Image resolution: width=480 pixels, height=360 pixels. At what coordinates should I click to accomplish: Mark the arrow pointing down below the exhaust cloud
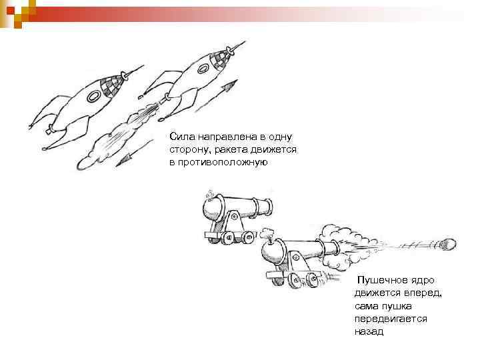click(x=131, y=155)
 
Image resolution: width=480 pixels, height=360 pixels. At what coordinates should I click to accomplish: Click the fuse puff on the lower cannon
click(x=269, y=233)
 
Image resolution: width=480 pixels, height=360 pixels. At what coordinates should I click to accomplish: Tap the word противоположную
click(x=218, y=162)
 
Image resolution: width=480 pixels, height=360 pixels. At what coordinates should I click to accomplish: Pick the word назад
click(x=369, y=331)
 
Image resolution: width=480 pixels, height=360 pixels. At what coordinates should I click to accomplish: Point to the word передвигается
click(x=391, y=318)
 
